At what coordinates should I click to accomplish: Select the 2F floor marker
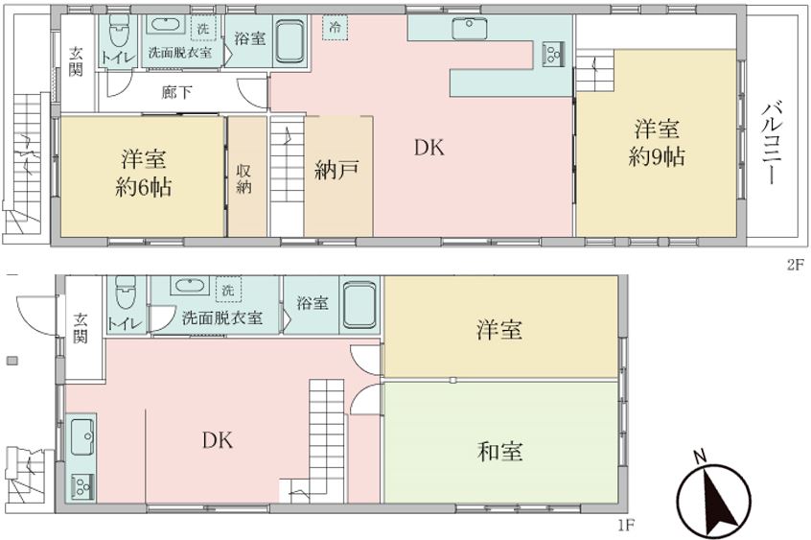click(x=795, y=266)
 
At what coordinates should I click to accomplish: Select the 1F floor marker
click(x=624, y=525)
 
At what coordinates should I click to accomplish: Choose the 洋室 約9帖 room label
click(x=659, y=141)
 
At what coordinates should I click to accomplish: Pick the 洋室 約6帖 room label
click(x=145, y=172)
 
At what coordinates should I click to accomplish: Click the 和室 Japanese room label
click(x=499, y=450)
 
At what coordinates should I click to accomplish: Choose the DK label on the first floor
click(x=219, y=440)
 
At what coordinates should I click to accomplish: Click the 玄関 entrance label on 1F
click(x=81, y=327)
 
